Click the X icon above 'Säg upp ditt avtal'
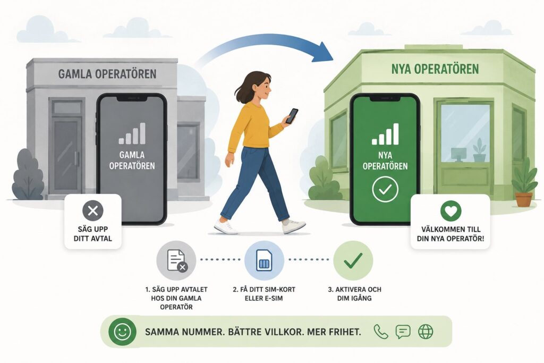pyautogui.click(x=92, y=210)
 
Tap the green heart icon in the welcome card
pyautogui.click(x=450, y=210)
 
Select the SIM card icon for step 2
pyautogui.click(x=264, y=260)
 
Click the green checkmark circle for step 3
pyautogui.click(x=353, y=260)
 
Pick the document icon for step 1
pyautogui.click(x=176, y=260)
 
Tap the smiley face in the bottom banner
pyautogui.click(x=122, y=332)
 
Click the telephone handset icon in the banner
pyautogui.click(x=380, y=332)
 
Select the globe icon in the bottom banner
pyautogui.click(x=426, y=332)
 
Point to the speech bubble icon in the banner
pyautogui.click(x=403, y=332)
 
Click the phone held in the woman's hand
pyautogui.click(x=292, y=116)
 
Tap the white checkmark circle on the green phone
pyautogui.click(x=385, y=189)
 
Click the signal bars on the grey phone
pyautogui.click(x=132, y=133)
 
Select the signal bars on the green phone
pyautogui.click(x=385, y=134)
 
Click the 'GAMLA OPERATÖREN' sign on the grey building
pyautogui.click(x=107, y=74)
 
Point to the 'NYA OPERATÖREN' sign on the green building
pyautogui.click(x=435, y=69)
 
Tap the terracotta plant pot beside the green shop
pyautogui.click(x=524, y=199)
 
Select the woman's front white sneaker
pyautogui.click(x=293, y=226)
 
